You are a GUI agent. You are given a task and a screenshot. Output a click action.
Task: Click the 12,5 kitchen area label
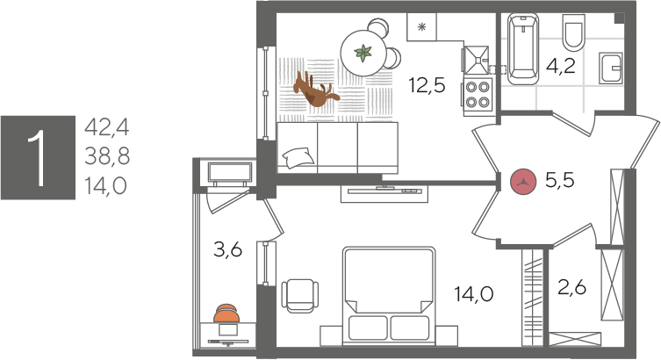(427, 85)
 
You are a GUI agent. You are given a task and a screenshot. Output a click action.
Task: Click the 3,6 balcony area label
(227, 250)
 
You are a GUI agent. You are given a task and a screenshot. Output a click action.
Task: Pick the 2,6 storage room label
(571, 287)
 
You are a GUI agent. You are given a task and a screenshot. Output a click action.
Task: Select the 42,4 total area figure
(106, 127)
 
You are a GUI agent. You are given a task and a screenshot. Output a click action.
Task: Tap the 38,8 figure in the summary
(106, 156)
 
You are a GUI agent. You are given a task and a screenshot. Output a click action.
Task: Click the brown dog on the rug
(313, 89)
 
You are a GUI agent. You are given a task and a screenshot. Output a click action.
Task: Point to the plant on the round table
(363, 54)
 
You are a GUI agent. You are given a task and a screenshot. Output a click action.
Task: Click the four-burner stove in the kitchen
(478, 93)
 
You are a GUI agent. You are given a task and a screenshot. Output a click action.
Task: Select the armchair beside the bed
(299, 294)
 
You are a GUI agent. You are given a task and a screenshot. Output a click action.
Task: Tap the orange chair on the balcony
(227, 313)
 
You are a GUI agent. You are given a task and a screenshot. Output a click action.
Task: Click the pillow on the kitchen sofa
(297, 157)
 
